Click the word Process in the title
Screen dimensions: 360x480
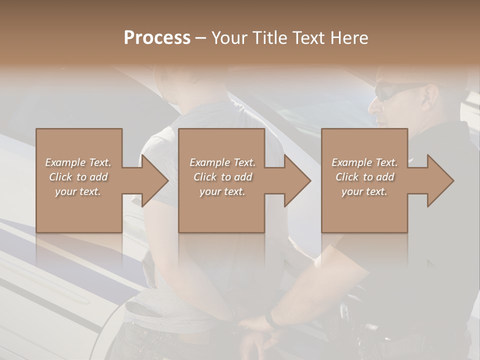point(157,37)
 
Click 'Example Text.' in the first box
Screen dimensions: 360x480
point(78,162)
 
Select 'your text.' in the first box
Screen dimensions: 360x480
point(78,191)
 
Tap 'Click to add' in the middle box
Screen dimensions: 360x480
point(222,177)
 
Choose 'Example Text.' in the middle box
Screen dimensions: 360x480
point(222,162)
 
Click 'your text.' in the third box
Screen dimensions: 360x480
point(364,191)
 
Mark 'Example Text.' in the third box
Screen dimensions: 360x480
point(364,162)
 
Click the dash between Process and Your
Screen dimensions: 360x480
point(201,37)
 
